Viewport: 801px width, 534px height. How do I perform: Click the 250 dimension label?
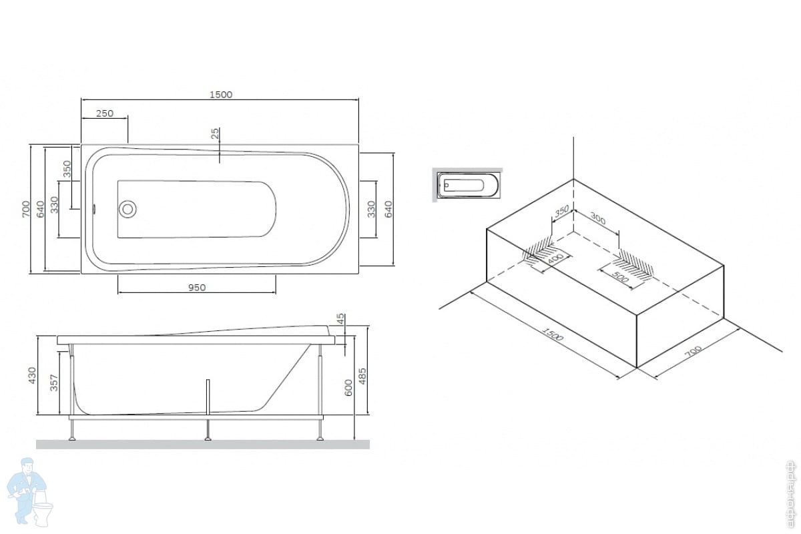(104, 113)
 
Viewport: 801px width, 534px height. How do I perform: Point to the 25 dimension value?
(214, 134)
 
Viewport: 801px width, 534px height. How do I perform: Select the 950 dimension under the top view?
(196, 288)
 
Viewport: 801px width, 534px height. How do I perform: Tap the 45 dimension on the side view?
(340, 320)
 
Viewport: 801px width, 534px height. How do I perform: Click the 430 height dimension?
(31, 377)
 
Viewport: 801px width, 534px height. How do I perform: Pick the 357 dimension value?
(55, 382)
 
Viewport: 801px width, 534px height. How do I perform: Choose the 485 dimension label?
(362, 378)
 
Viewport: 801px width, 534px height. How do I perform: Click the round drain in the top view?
(127, 208)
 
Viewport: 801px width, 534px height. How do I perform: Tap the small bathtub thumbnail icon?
(467, 184)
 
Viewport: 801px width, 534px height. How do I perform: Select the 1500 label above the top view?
(221, 95)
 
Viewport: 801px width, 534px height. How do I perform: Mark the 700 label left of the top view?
(25, 208)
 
